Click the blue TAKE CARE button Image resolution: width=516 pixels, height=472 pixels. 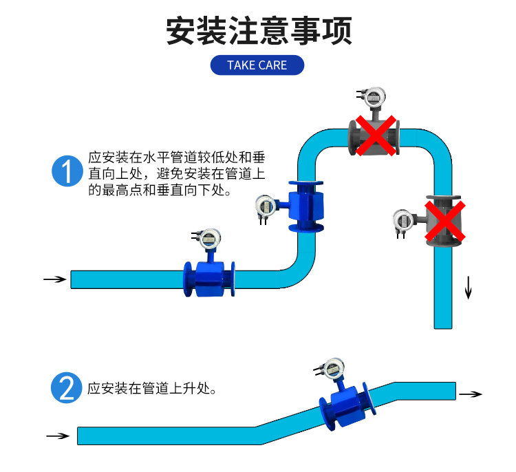[257, 65]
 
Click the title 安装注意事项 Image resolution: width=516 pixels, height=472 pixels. [259, 30]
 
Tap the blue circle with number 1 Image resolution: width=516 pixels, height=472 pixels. [67, 171]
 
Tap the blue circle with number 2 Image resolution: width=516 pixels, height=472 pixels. [67, 388]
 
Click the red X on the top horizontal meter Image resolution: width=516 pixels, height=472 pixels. [376, 136]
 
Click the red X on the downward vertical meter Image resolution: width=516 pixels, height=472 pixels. [445, 221]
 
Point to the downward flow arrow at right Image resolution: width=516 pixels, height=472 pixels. [468, 288]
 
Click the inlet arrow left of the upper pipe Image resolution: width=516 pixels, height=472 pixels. [55, 279]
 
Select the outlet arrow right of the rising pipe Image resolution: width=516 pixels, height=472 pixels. [471, 394]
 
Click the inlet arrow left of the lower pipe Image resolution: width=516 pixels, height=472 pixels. [58, 436]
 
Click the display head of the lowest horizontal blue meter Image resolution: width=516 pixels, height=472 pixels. [209, 239]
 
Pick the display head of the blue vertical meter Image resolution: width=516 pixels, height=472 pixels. [266, 207]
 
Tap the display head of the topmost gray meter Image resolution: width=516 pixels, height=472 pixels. [374, 97]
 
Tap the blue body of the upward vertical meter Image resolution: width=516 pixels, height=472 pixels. [306, 206]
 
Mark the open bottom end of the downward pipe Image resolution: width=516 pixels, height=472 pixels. [443, 328]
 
